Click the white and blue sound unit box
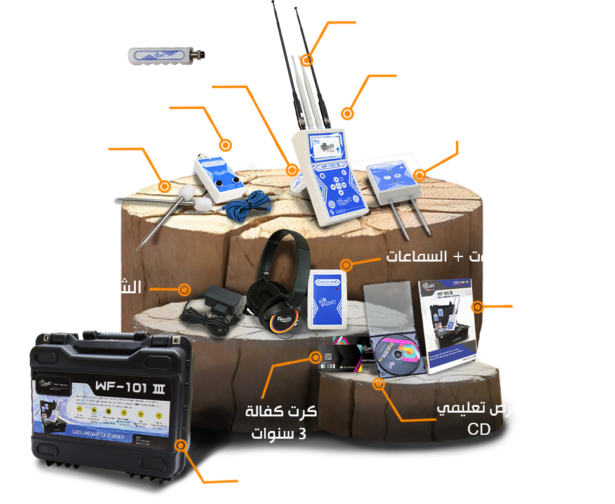click(327, 299)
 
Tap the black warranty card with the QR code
click(340, 359)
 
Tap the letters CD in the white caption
click(479, 430)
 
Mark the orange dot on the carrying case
click(181, 445)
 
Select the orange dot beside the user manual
click(477, 307)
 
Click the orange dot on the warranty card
click(314, 356)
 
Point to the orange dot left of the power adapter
click(184, 289)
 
